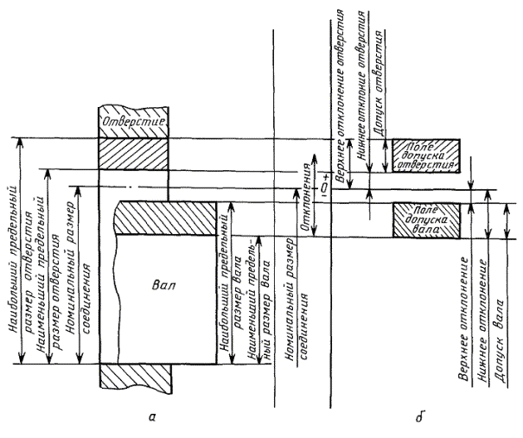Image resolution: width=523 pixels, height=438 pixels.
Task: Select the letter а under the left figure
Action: pos(152,419)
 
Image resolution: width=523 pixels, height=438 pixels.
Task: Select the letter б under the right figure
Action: pos(419,419)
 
